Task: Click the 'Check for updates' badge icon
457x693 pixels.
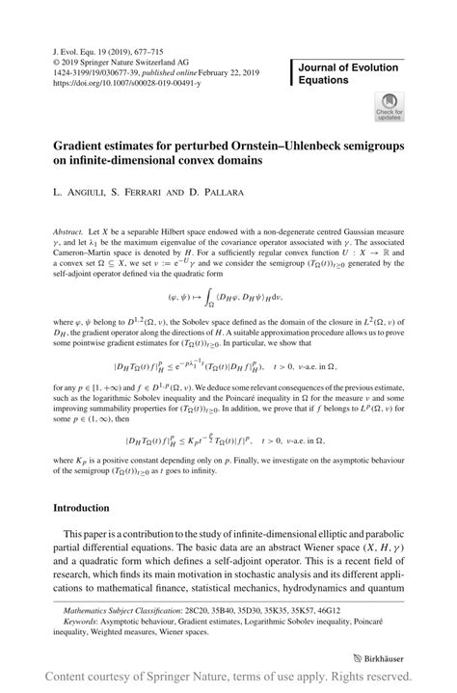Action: (389, 103)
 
